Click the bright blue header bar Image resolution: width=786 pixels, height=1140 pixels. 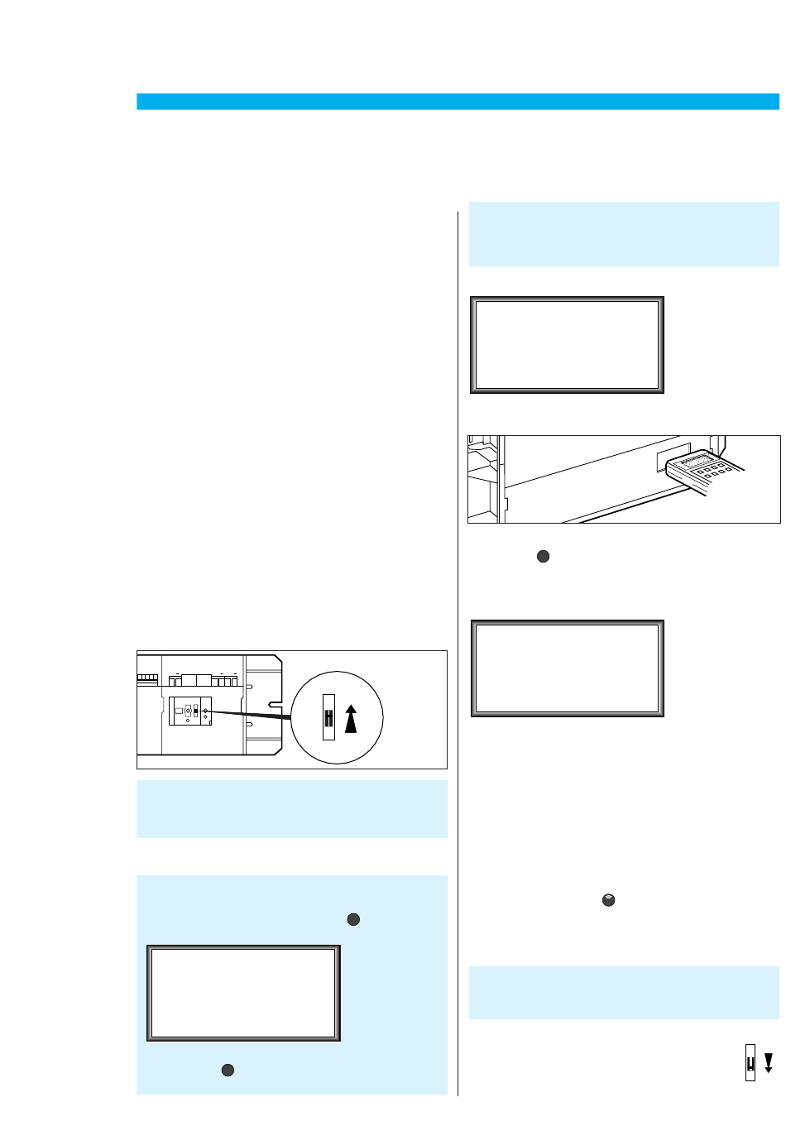pos(458,102)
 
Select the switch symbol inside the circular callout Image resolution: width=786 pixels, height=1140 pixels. pos(328,716)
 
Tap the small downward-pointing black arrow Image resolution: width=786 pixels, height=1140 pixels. pos(769,1062)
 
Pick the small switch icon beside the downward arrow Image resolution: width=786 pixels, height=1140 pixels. pos(750,1063)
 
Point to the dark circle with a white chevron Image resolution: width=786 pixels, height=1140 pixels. pos(608,900)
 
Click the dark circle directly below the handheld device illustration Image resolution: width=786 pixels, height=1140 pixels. pos(543,557)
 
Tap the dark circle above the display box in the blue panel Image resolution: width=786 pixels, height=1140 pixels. pos(353,919)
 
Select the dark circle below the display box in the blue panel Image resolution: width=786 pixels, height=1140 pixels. pos(228,1071)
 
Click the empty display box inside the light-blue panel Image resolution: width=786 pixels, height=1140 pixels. pos(244,993)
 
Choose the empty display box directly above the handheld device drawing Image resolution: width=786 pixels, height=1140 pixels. pos(568,345)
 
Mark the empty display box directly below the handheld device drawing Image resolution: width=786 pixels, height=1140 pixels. pos(568,668)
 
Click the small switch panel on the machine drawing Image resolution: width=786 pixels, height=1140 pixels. pos(190,711)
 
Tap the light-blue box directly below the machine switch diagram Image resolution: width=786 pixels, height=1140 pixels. pos(292,808)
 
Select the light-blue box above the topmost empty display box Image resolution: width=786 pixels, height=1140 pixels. pos(624,234)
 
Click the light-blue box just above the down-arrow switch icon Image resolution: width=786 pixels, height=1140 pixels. pos(624,992)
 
